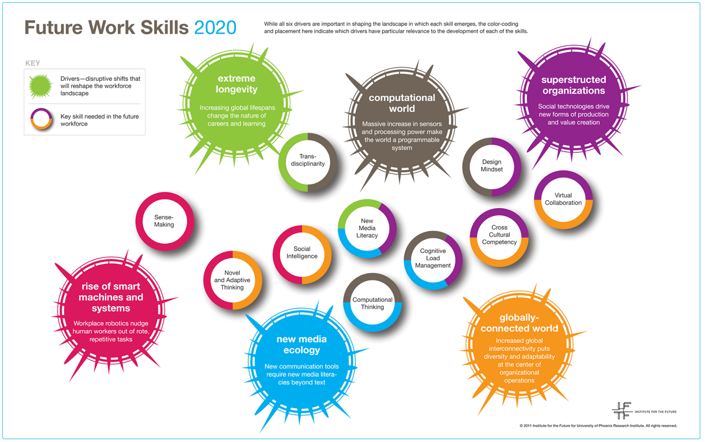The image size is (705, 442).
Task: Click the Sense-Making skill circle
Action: (x=164, y=221)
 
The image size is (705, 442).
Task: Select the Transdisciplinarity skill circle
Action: (x=308, y=161)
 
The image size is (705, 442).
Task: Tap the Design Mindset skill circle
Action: (x=491, y=166)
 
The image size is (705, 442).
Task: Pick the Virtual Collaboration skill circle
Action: (x=563, y=199)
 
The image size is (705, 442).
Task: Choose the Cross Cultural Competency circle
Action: (x=499, y=235)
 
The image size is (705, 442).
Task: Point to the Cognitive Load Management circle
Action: (x=433, y=258)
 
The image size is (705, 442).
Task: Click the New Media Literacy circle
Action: (x=367, y=228)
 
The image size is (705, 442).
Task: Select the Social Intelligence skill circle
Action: (x=302, y=253)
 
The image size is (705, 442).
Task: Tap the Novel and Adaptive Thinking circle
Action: (x=232, y=280)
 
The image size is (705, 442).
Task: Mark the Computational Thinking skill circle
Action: (x=372, y=303)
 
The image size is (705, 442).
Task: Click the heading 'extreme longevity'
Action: (x=237, y=84)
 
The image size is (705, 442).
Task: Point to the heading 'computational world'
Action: (x=402, y=103)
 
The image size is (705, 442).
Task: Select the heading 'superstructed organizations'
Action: (x=574, y=85)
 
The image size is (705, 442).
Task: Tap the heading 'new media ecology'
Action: (x=302, y=345)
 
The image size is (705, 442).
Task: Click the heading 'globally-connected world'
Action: (x=519, y=323)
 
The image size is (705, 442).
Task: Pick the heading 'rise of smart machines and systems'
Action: (x=111, y=297)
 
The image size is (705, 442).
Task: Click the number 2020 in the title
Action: (x=215, y=28)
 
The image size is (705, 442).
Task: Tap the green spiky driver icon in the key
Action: (x=41, y=86)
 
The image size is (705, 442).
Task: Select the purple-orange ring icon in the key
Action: (x=41, y=119)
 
